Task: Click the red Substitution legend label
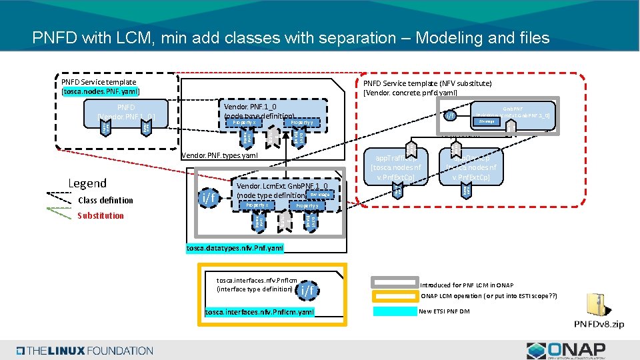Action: point(100,215)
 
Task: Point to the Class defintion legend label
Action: point(105,200)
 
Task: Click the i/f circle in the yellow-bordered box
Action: point(307,289)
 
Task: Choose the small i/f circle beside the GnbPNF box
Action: point(451,117)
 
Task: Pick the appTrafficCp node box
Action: point(396,169)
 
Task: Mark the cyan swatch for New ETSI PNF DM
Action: point(395,311)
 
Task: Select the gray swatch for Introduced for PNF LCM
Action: point(395,285)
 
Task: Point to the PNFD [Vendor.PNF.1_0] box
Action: point(127,112)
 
